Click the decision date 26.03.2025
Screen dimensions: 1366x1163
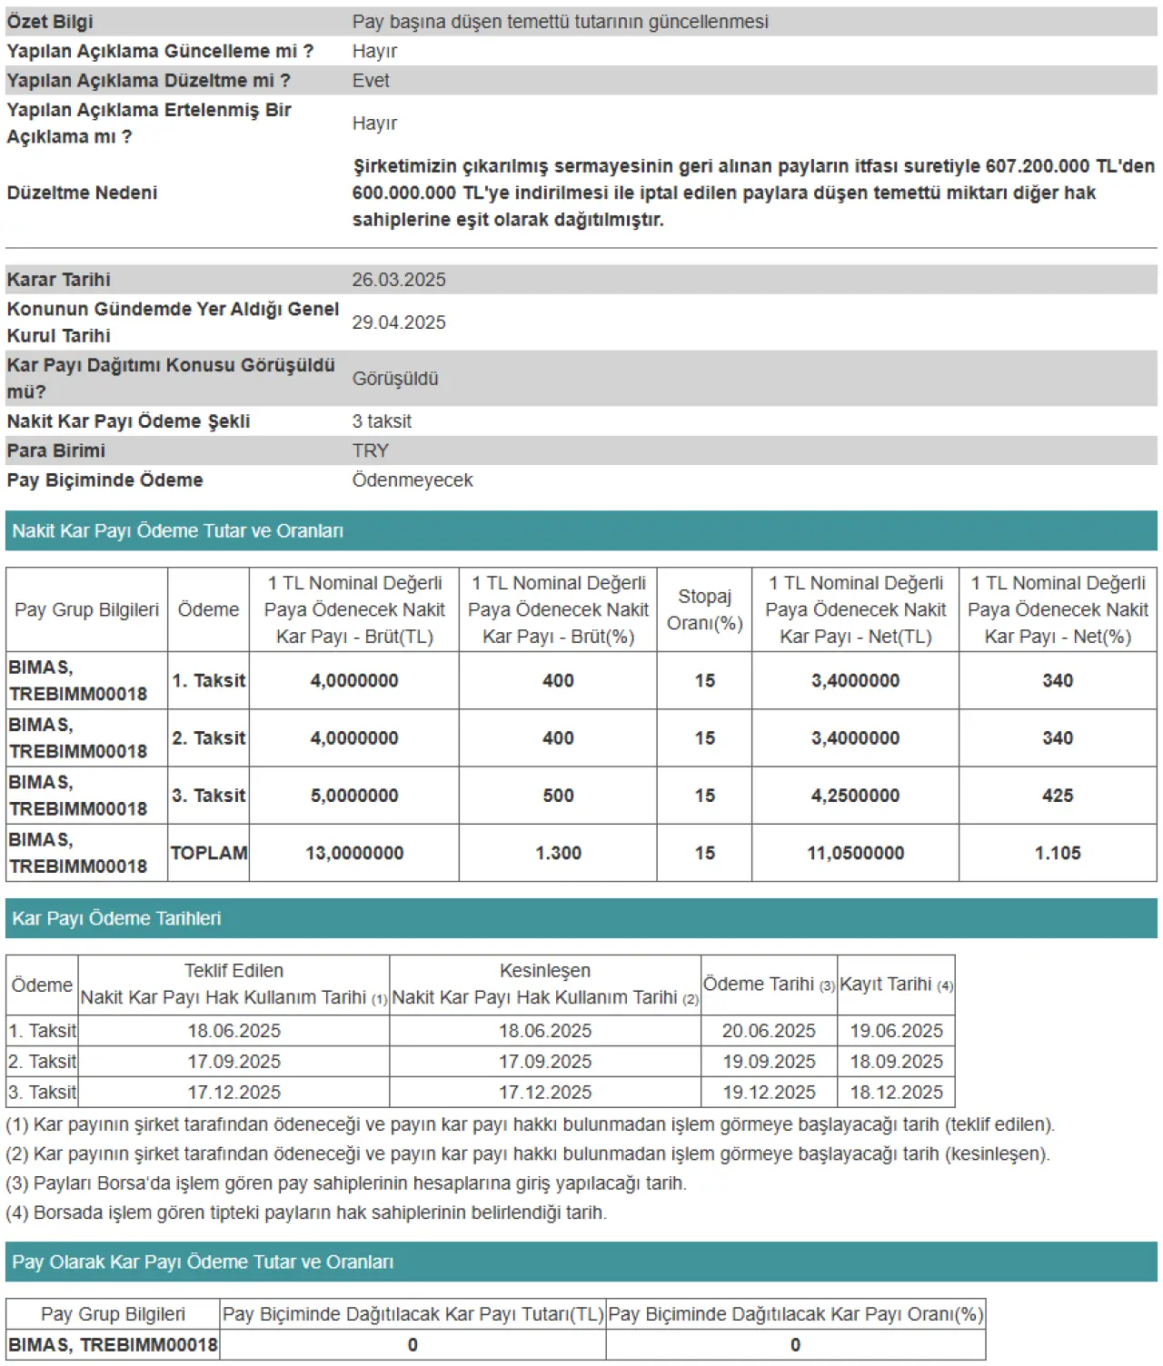[399, 280]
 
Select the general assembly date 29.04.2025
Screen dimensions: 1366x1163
[399, 322]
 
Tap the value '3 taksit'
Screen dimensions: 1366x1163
[382, 421]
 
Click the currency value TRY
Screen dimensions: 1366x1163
[371, 450]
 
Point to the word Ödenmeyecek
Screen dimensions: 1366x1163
[413, 480]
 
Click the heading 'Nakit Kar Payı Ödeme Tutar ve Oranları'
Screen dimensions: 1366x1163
[178, 531]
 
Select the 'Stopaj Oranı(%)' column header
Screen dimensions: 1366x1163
[704, 609]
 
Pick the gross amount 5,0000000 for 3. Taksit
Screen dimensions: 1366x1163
[354, 796]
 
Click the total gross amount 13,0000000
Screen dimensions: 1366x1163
[354, 853]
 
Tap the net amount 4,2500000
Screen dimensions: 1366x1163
[855, 796]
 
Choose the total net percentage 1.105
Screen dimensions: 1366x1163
[1058, 853]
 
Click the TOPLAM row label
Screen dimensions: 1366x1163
[209, 853]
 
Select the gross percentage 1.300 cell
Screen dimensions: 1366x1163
[558, 853]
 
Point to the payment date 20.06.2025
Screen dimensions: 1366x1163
[769, 1031]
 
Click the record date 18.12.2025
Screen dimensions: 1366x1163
[896, 1093]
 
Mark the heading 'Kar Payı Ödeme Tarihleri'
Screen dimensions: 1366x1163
[117, 918]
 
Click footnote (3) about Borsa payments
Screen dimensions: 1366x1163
[346, 1183]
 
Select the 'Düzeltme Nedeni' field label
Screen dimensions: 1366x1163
[83, 193]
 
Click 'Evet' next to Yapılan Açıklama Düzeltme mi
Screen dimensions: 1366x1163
[371, 81]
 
